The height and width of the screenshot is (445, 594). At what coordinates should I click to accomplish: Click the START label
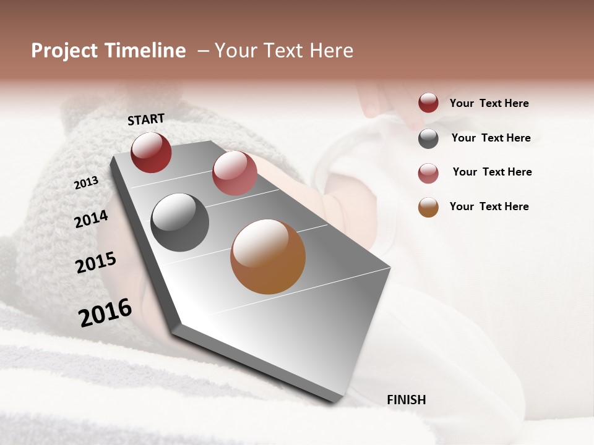[x=146, y=119]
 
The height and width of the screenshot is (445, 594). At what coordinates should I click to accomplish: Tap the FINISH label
[x=407, y=400]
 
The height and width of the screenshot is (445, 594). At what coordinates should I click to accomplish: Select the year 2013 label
[x=87, y=182]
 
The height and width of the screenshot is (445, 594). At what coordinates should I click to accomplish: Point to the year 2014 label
[x=91, y=219]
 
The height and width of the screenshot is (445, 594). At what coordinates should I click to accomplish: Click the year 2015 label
[x=96, y=263]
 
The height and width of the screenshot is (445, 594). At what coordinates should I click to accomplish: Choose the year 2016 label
[x=105, y=312]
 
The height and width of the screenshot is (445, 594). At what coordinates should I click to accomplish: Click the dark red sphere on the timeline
[x=151, y=152]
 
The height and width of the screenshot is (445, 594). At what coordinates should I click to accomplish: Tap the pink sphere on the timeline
[x=235, y=173]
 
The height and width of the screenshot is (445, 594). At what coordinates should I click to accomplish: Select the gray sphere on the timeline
[x=180, y=222]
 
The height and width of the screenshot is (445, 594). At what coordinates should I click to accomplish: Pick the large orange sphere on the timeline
[x=268, y=256]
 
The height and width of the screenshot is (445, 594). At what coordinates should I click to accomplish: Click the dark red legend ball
[x=428, y=103]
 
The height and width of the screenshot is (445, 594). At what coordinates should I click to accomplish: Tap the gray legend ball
[x=428, y=138]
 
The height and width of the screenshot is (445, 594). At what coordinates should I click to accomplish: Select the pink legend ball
[x=428, y=173]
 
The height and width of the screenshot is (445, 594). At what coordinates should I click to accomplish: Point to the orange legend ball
[x=428, y=207]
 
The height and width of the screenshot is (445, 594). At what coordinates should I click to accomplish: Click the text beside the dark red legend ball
[x=489, y=103]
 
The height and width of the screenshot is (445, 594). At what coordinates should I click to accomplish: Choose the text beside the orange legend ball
[x=489, y=206]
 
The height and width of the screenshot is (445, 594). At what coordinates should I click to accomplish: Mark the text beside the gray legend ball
[x=491, y=138]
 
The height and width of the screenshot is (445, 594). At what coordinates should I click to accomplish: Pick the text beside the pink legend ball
[x=492, y=172]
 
